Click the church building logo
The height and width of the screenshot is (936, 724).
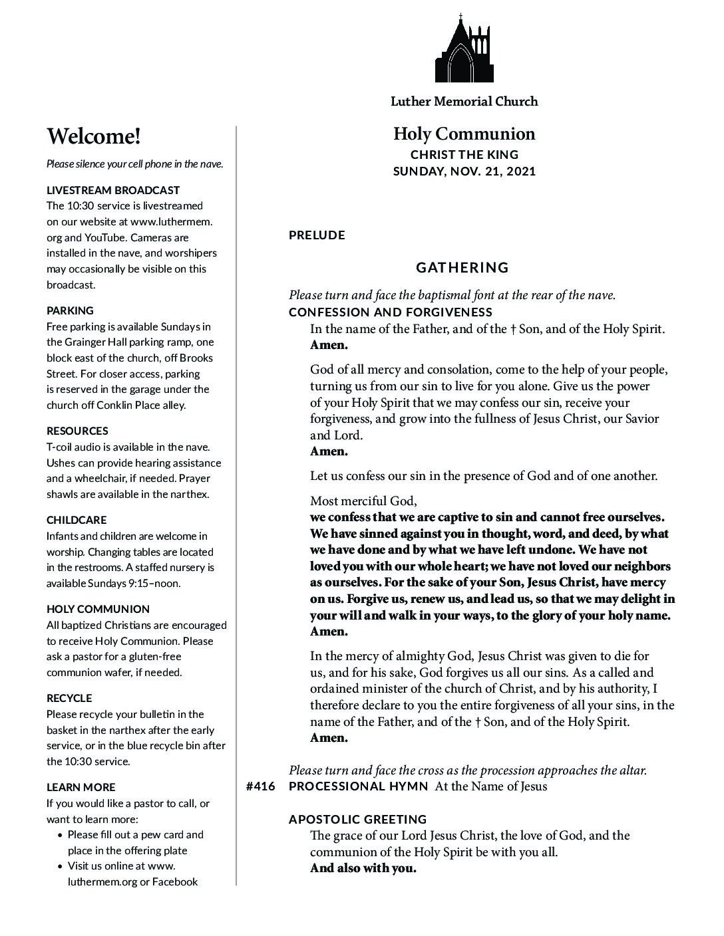[x=464, y=49]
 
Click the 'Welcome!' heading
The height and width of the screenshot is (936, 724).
[x=94, y=136]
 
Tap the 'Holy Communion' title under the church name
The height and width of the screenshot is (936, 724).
[x=464, y=134]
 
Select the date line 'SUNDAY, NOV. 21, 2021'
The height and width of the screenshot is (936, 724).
[x=464, y=171]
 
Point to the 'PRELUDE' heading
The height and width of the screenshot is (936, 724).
[x=317, y=235]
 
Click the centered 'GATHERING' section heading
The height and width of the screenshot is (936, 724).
[x=462, y=267]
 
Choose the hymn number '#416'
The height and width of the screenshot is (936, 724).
[x=260, y=786]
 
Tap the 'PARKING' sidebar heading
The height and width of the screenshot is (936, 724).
[x=70, y=310]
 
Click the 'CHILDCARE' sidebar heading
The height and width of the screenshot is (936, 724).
[x=77, y=520]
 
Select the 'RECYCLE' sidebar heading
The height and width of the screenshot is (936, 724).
[x=69, y=698]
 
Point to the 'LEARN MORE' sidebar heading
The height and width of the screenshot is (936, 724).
[x=81, y=787]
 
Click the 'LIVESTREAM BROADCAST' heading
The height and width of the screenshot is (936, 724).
[x=113, y=190]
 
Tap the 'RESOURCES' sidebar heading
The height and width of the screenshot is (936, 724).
[x=77, y=431]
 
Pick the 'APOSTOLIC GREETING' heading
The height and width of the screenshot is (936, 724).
[x=358, y=819]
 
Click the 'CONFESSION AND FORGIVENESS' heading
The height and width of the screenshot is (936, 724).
[x=391, y=312]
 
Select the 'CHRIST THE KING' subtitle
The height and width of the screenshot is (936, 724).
[x=464, y=154]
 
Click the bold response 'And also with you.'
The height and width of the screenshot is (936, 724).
[x=363, y=868]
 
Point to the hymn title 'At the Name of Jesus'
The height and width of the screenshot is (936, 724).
[x=491, y=786]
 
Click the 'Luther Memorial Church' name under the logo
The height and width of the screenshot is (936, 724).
[x=464, y=102]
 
